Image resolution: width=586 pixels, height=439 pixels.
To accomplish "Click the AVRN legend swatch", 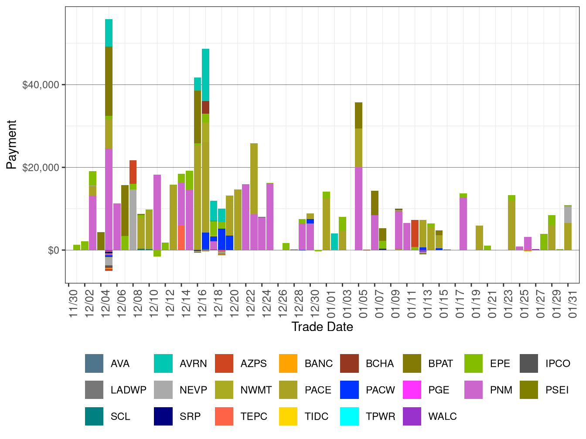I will click(164, 364).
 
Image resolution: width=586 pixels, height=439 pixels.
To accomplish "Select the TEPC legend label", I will click(254, 416).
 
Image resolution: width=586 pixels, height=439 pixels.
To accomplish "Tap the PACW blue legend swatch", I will click(350, 390).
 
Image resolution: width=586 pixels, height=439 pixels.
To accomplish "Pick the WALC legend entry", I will click(442, 416).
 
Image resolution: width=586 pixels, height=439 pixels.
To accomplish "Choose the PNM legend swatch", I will click(474, 390).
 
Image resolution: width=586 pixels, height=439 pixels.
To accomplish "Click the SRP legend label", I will click(190, 416).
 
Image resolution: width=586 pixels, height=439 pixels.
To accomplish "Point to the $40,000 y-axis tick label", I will click(41, 85).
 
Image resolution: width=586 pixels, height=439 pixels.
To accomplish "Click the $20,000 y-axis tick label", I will click(41, 168).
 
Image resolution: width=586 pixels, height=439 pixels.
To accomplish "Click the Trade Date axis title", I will click(322, 327).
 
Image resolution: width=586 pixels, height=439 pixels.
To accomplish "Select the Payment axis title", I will click(12, 145).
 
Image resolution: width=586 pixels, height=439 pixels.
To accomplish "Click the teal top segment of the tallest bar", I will click(109, 33).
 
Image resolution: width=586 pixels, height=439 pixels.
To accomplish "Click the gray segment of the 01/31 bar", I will click(568, 214).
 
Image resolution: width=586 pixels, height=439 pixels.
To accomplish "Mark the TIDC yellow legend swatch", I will click(288, 416).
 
